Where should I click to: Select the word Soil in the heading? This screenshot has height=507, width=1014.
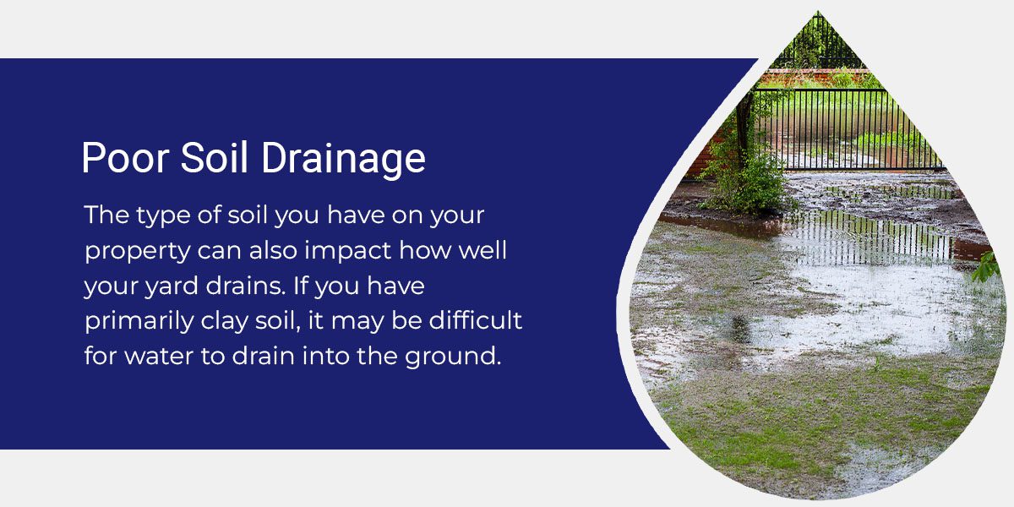pos(208,158)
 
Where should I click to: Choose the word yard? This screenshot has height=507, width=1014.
pos(169,287)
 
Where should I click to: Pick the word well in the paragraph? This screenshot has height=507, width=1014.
pos(480,253)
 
